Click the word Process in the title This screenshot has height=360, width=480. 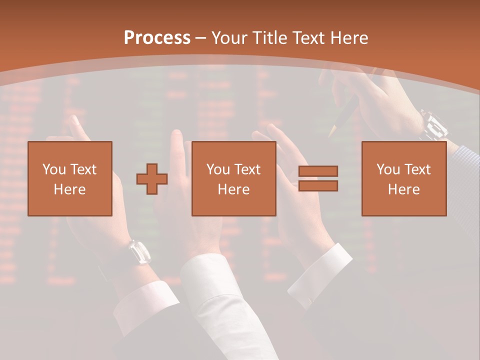[x=157, y=38]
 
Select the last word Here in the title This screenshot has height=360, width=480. [x=349, y=38]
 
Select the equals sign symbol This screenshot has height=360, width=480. [x=318, y=178]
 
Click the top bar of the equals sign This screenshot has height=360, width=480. [x=318, y=171]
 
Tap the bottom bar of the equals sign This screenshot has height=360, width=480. [x=318, y=186]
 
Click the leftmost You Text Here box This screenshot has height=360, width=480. [x=70, y=178]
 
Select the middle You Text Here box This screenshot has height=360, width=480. [x=234, y=178]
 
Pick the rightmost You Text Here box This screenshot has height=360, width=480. [x=404, y=178]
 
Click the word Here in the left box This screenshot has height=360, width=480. [x=70, y=189]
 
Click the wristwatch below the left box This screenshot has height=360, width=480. [x=139, y=251]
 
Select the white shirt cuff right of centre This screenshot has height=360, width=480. [x=320, y=272]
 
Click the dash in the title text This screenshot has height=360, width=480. [x=201, y=38]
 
